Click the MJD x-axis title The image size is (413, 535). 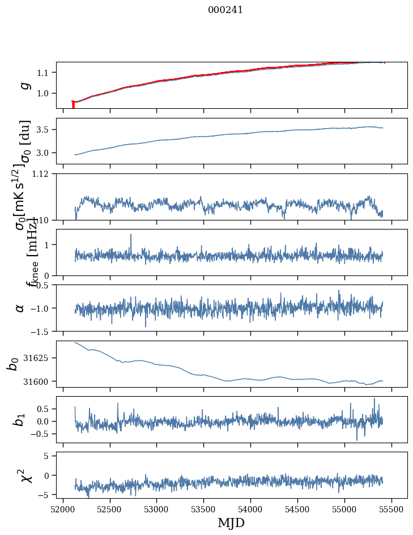tap(231, 523)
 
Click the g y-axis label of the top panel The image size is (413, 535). tap(23, 85)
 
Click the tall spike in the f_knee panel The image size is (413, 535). tap(131, 235)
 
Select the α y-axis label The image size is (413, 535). tap(20, 308)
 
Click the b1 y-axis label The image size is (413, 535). tap(20, 419)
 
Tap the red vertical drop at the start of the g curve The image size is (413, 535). tap(73, 105)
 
